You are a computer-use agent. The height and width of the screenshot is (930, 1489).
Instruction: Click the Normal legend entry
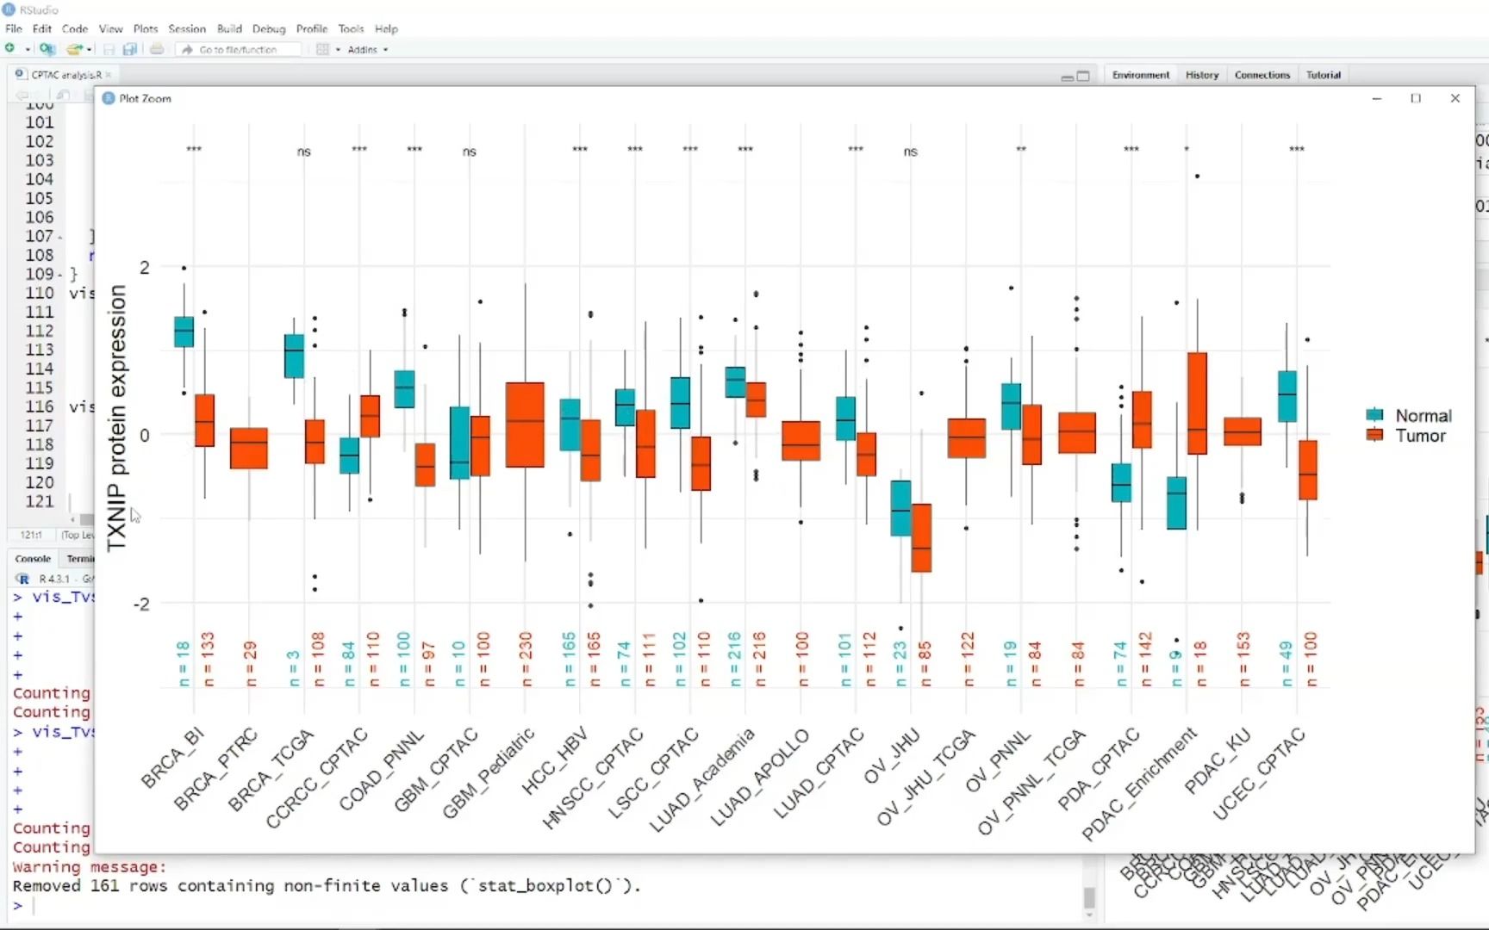point(1422,416)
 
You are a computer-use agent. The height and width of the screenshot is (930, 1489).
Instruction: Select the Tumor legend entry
point(1419,437)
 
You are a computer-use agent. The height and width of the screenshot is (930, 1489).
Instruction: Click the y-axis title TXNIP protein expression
point(117,418)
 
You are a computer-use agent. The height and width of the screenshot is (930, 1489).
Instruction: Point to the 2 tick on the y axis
point(145,268)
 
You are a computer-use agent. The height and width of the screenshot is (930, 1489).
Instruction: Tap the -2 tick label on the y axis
point(141,604)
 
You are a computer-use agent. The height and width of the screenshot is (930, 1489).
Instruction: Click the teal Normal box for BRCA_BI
point(184,332)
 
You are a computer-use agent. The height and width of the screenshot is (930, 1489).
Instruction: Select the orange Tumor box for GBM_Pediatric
point(525,425)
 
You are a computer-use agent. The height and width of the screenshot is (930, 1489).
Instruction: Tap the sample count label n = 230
point(526,659)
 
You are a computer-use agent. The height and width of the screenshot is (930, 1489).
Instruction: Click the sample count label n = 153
point(1243,659)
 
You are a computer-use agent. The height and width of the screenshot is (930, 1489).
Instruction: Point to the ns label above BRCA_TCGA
point(304,152)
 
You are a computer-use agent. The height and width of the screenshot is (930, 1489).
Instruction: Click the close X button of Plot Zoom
point(1455,98)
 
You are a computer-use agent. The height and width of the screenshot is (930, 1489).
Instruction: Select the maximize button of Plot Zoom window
point(1416,98)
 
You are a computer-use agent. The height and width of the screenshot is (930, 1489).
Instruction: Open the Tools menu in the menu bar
point(351,28)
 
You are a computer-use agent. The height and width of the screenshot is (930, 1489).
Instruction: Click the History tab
point(1201,75)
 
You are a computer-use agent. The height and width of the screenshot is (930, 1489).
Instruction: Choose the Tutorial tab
point(1323,75)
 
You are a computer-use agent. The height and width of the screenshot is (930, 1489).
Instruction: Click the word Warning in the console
point(47,867)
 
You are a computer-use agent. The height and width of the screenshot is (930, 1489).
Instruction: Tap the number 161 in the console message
point(104,886)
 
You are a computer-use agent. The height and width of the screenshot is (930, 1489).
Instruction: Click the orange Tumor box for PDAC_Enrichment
point(1197,403)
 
